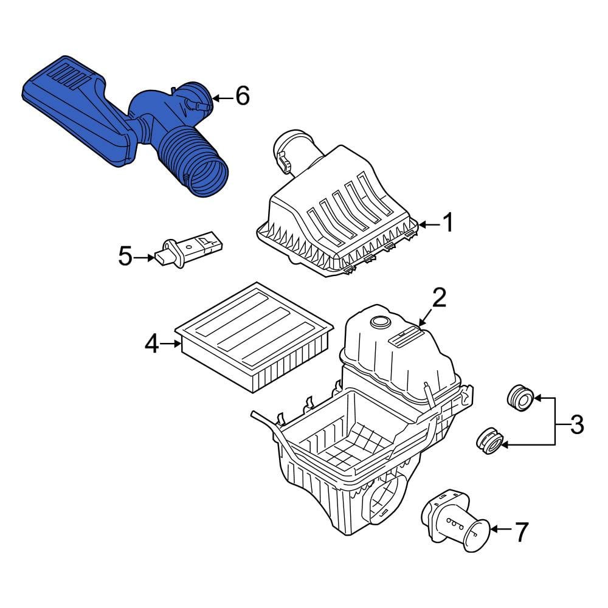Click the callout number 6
tap(243, 96)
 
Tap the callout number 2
tap(440, 297)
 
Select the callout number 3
tap(577, 424)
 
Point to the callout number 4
tap(151, 344)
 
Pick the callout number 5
tap(125, 257)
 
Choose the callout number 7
tap(521, 532)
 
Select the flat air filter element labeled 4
tap(254, 337)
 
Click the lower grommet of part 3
tap(489, 441)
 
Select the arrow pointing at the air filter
tap(170, 344)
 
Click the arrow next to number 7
tap(502, 530)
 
